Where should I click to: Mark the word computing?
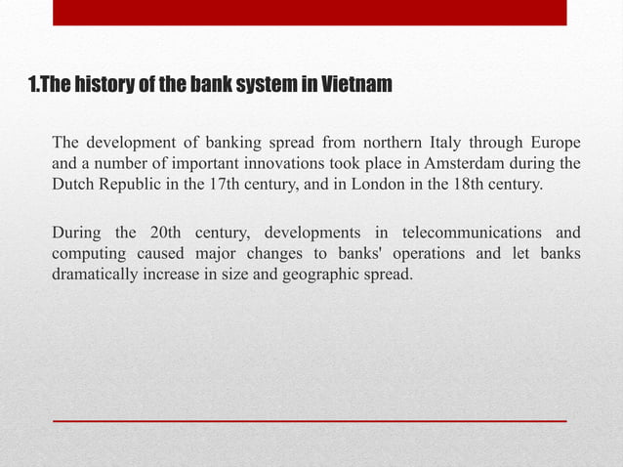(87, 254)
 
